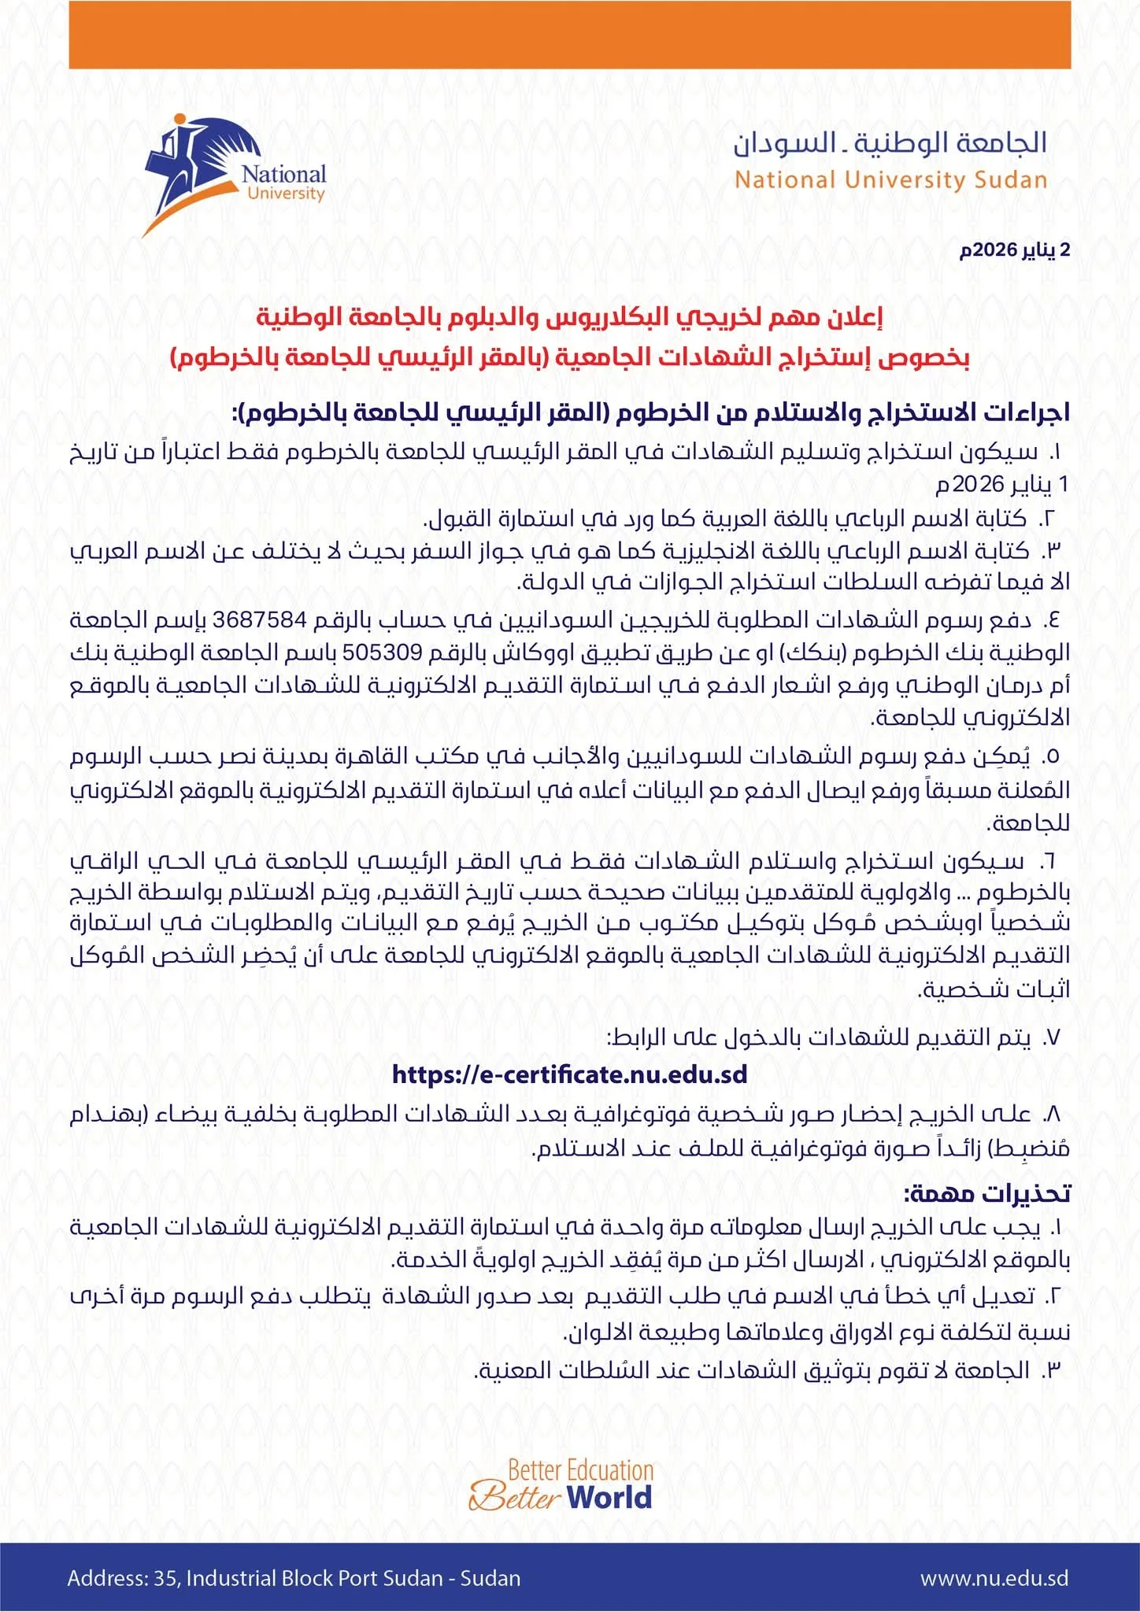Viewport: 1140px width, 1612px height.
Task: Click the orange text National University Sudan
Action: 890,180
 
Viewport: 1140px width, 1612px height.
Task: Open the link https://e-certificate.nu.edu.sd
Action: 569,1074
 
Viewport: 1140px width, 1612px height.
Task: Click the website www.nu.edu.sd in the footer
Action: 994,1577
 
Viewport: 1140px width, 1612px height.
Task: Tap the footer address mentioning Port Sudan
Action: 294,1577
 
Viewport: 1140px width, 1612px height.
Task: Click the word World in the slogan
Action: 609,1496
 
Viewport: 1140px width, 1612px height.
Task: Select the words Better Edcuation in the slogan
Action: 580,1470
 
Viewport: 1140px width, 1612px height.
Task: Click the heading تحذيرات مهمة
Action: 987,1192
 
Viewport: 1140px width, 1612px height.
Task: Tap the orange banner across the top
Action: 569,35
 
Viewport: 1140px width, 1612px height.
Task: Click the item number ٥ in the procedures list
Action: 1051,756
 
